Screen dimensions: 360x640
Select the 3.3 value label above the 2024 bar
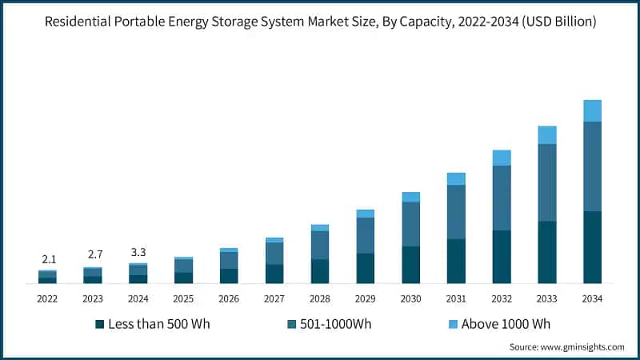[x=138, y=252]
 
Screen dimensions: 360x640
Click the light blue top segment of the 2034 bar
[x=592, y=110]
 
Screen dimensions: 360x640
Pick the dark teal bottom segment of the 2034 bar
[x=592, y=247]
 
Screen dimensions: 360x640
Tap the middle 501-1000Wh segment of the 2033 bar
[x=547, y=182]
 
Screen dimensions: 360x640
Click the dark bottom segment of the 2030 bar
[x=411, y=265]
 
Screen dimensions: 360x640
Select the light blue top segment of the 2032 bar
[x=502, y=158]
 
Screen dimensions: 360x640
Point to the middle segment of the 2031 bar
[x=456, y=212]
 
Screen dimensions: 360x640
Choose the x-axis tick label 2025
[x=183, y=298]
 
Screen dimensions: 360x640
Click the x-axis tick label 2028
[x=320, y=298]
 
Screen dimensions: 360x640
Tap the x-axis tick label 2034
[x=592, y=298]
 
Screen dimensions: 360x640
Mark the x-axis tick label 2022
[x=47, y=298]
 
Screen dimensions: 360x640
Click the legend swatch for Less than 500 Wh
[x=100, y=324]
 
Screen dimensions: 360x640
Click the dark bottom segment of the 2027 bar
[x=274, y=274]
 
